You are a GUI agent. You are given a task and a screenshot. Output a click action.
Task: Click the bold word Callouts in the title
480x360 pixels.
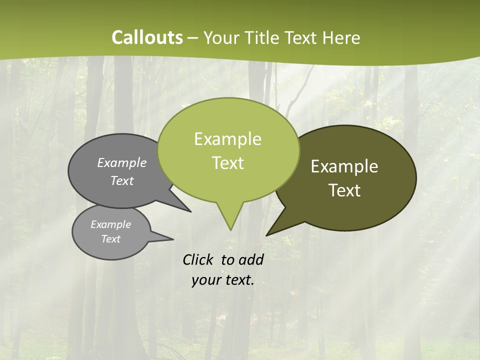[147, 37]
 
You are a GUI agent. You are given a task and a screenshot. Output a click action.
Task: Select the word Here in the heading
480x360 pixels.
[340, 37]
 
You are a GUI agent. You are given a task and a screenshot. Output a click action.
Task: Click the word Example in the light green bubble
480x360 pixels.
[227, 139]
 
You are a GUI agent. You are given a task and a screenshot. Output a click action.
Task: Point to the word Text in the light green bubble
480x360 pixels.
[227, 163]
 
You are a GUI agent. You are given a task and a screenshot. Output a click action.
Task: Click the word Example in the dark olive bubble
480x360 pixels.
[344, 166]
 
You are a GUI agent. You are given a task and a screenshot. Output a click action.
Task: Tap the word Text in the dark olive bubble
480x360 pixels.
[344, 190]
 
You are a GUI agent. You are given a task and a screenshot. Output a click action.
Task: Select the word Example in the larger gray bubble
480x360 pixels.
[122, 163]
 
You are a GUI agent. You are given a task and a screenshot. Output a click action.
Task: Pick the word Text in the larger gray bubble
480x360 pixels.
[122, 181]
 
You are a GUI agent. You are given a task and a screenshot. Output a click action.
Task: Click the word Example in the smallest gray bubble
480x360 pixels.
[111, 224]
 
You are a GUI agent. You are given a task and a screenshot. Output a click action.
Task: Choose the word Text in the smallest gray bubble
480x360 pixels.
[111, 239]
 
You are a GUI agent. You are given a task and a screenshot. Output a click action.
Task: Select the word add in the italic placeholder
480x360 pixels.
[251, 259]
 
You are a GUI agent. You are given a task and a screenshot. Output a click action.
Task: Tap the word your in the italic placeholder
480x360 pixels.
[204, 280]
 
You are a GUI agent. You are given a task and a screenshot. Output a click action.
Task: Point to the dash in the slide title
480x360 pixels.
[193, 37]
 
